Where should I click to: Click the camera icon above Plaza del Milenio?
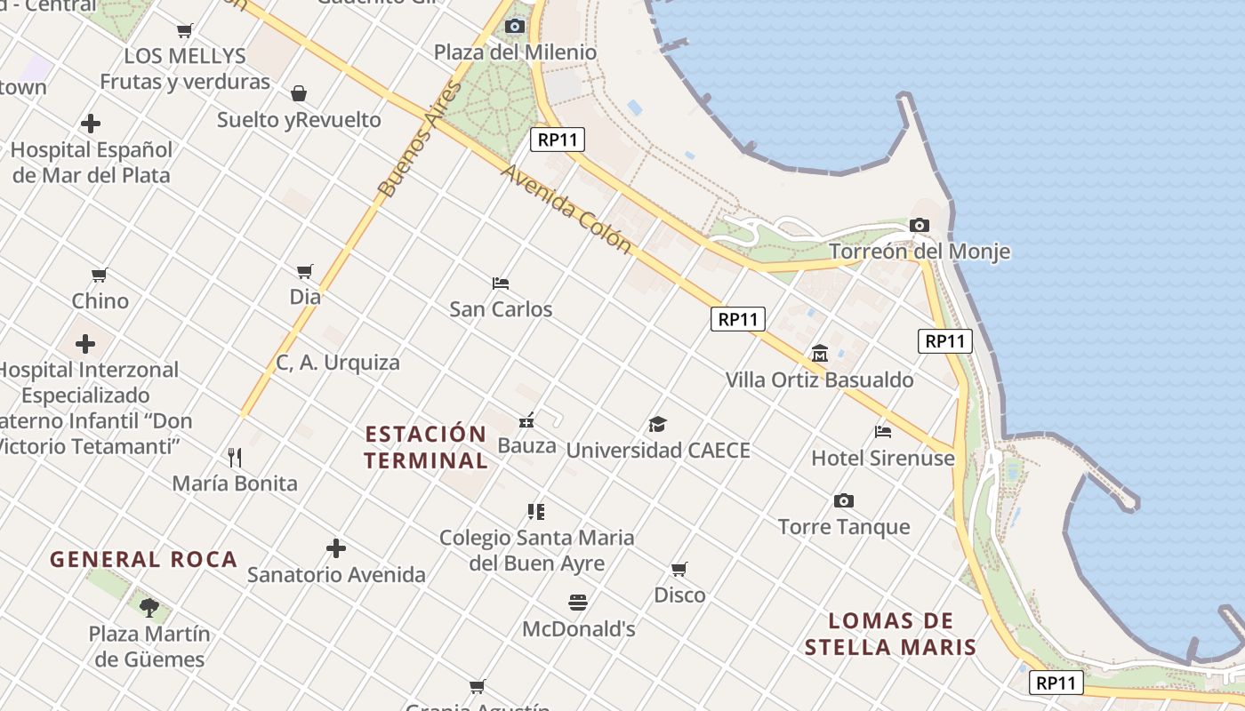pos(514,27)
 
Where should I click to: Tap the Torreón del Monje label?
pos(920,252)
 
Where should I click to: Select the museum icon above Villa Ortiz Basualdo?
pos(819,354)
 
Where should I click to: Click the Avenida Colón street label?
pos(566,208)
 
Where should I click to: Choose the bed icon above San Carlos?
pos(501,284)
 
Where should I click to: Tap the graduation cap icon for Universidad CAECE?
pos(657,424)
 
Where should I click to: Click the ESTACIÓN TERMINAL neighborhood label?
pos(426,447)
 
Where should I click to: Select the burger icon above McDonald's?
pos(578,603)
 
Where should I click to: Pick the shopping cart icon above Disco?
pos(679,569)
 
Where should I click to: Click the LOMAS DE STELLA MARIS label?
pos(890,634)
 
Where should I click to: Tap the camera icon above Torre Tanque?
pos(844,501)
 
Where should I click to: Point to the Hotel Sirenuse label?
pos(882,459)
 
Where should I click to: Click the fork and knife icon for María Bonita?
pos(235,458)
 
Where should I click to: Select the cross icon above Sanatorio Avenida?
pos(336,547)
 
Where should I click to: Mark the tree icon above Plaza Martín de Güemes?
pos(149,608)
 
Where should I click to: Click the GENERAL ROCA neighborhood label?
pos(143,560)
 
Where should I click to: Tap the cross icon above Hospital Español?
pos(91,124)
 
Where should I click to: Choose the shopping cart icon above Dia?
pos(305,271)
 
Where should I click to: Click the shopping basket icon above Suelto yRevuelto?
pos(299,93)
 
